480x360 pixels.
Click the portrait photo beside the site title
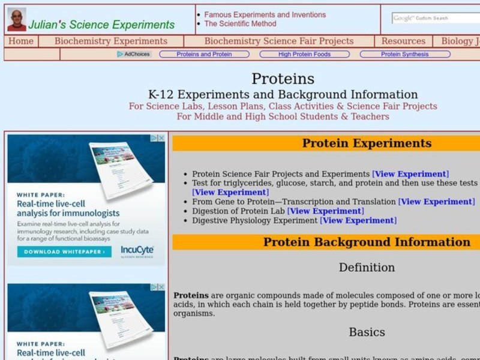[16, 19]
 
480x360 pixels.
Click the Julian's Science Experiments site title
[101, 25]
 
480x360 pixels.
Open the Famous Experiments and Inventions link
[265, 14]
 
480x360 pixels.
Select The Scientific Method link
[240, 23]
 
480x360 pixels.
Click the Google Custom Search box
[436, 18]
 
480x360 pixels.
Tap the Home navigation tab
[21, 41]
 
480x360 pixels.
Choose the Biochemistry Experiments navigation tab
[111, 41]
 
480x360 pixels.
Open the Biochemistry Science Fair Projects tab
[279, 41]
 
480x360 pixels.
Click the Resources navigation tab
[403, 41]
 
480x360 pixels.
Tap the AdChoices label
[134, 54]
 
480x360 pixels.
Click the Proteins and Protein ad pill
[204, 54]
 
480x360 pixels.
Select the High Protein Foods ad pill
[304, 54]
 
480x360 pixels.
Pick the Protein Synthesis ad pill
[404, 54]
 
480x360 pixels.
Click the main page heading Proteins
[283, 79]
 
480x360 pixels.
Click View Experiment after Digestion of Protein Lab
[325, 211]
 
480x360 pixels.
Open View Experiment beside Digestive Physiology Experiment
[358, 220]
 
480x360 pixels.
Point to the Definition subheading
[367, 267]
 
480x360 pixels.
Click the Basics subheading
[367, 332]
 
